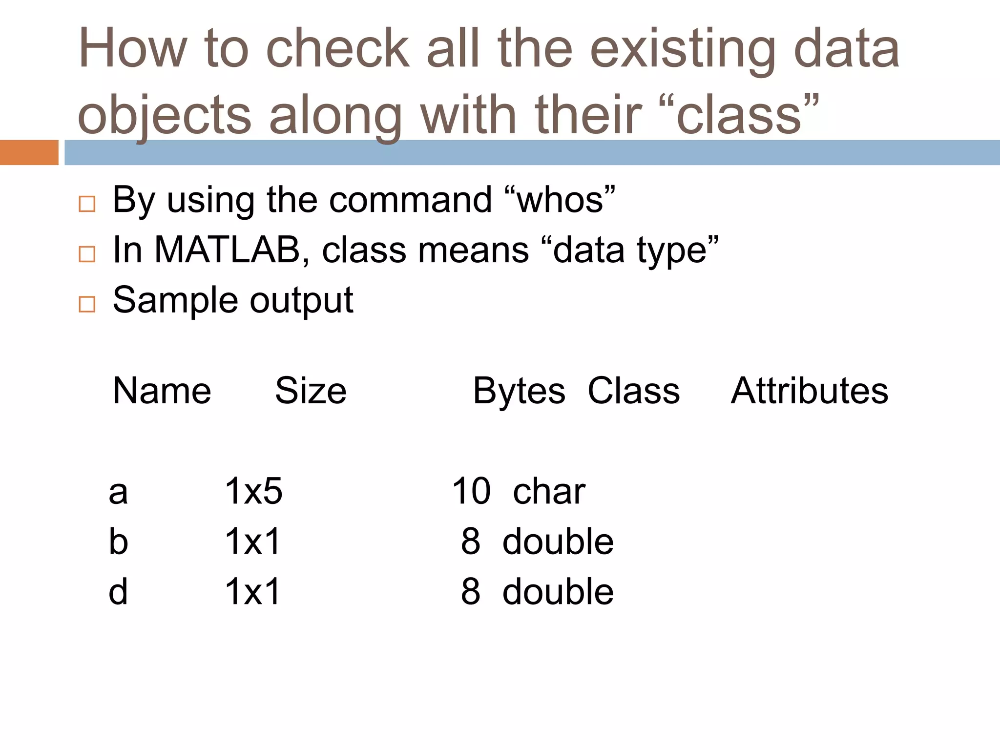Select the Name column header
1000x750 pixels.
coord(162,392)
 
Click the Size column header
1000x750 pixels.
coord(311,392)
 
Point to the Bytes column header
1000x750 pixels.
coord(519,392)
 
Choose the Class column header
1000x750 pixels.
coord(633,392)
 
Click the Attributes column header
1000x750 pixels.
coord(809,392)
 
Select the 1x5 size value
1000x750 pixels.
coord(253,491)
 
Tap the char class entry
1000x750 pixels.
coord(549,491)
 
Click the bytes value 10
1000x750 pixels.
coord(471,491)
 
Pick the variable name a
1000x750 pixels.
coord(118,492)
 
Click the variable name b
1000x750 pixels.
coord(118,542)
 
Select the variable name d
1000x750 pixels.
coord(118,592)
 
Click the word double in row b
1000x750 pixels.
coord(558,542)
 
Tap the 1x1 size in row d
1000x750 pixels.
coord(252,592)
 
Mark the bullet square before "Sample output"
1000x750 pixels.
coord(87,304)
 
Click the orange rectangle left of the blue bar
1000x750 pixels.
coord(29,152)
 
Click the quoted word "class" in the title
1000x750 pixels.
coord(739,115)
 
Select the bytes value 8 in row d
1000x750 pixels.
coord(471,592)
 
